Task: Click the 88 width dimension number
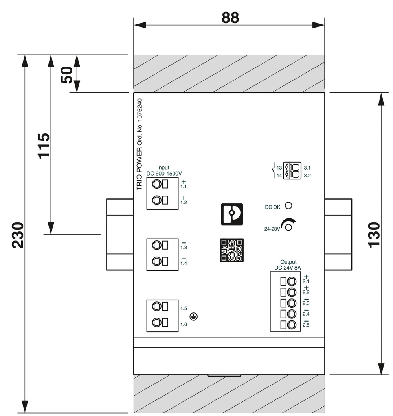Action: [230, 18]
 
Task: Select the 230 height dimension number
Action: [18, 235]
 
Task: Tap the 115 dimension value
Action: [44, 145]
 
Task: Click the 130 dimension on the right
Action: [374, 234]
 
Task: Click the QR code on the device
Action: [231, 250]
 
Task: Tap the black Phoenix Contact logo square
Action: [231, 214]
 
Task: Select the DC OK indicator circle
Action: [288, 205]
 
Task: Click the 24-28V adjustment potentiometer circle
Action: [289, 227]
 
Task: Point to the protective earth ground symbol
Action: [193, 316]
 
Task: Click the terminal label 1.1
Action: [184, 186]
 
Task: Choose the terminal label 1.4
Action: [184, 263]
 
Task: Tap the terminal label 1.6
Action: [184, 324]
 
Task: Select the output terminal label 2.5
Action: [306, 324]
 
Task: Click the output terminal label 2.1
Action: [306, 281]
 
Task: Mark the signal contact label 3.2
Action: [307, 176]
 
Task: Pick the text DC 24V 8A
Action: [288, 268]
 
